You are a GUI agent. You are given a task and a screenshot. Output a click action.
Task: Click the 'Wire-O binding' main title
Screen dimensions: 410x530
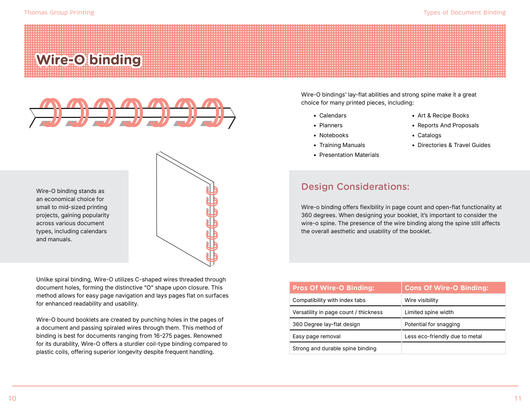tap(89, 60)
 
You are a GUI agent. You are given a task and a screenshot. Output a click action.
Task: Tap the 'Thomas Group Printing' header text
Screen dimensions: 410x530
tap(59, 12)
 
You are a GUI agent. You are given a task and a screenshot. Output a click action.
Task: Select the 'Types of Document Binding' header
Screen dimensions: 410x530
tap(465, 12)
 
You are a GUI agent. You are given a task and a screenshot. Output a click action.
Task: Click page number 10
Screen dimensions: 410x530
tap(12, 398)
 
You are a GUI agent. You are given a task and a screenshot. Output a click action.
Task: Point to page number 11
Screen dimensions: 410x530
tap(518, 398)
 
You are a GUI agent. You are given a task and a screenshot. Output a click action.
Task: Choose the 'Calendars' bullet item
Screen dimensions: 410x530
tap(333, 116)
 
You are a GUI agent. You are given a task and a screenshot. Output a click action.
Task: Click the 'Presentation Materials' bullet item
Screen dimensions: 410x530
tap(349, 155)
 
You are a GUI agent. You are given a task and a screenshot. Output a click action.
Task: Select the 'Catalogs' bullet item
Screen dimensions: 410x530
tap(429, 135)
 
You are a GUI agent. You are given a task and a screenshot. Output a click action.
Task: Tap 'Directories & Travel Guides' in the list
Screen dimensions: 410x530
tap(454, 145)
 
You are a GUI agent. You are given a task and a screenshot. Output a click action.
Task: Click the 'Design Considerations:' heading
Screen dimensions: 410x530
tap(355, 187)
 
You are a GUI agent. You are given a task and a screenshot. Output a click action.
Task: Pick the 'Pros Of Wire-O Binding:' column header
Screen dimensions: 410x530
tap(333, 288)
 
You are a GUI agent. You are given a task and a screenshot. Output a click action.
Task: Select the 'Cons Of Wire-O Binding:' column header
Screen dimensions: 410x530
tap(446, 288)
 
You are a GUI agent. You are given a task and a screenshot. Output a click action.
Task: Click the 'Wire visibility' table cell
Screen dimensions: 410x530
tap(421, 300)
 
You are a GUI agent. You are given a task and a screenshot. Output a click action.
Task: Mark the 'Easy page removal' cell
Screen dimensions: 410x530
tap(316, 336)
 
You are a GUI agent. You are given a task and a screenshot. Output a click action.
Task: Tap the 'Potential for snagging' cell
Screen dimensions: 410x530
tap(432, 324)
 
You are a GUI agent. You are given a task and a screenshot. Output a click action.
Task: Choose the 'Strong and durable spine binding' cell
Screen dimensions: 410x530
tap(334, 348)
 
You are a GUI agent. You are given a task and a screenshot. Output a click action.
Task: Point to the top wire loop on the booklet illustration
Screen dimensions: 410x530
tap(212, 191)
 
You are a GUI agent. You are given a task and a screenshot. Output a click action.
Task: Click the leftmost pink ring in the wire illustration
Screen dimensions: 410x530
tap(51, 112)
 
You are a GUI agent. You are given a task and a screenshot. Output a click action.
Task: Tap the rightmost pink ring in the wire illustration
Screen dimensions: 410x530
tap(213, 112)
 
